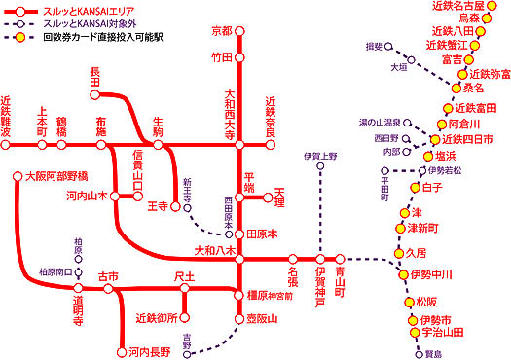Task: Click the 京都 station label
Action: point(222,31)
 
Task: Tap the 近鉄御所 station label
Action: point(158,318)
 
